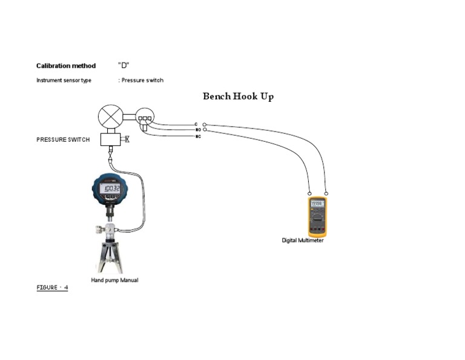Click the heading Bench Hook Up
pos(238,96)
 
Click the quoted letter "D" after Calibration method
pos(124,65)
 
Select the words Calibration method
pos(66,66)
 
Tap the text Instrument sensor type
pos(64,80)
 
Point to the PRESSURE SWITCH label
pos(63,139)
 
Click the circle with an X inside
pos(110,116)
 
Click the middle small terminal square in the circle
pos(145,118)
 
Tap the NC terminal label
pos(198,136)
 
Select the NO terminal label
pos(198,130)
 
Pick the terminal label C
pos(196,124)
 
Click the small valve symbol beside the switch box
pos(126,139)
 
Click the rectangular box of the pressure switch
pos(110,139)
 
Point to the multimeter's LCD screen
pos(317,204)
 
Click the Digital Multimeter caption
pos(303,241)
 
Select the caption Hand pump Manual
pos(114,280)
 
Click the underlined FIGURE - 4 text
pos(52,288)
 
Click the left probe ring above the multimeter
pos(309,193)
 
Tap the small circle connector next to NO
pos(205,130)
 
